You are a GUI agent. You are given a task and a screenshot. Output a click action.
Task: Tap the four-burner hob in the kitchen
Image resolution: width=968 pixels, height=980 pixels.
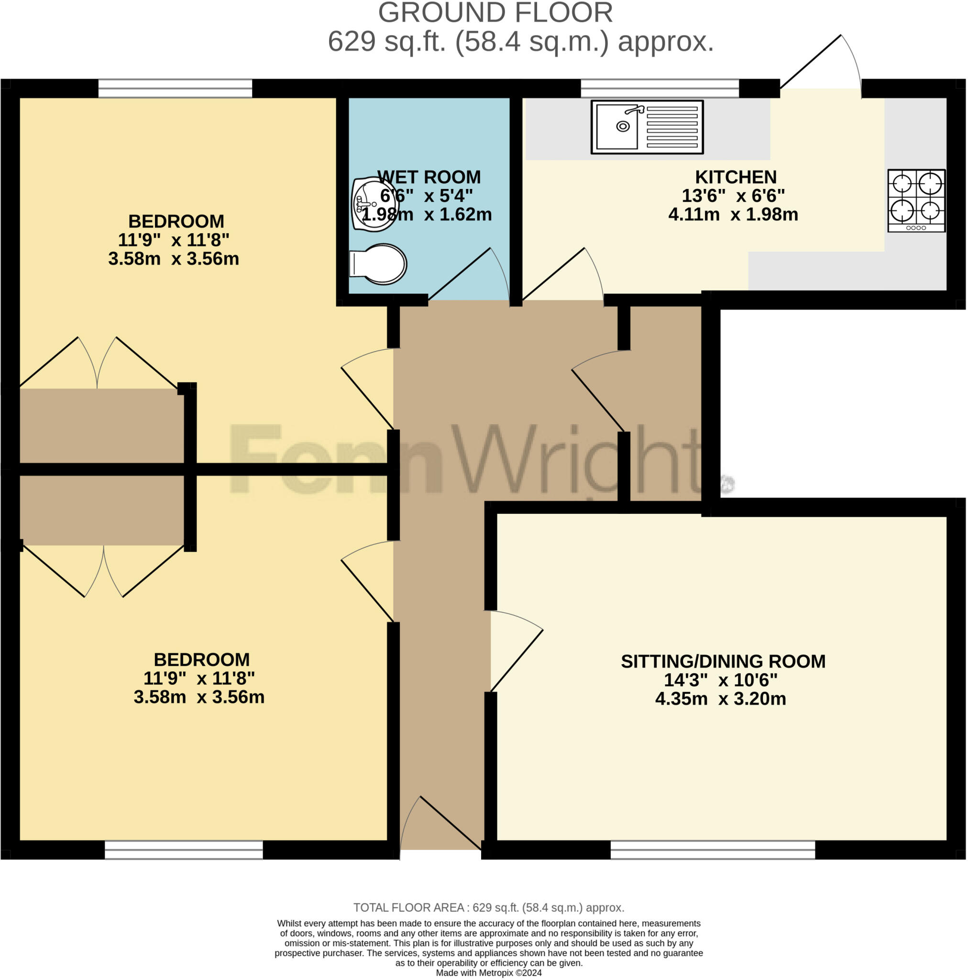[916, 200]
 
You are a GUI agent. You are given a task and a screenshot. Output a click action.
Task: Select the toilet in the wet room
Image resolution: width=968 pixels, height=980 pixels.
[379, 264]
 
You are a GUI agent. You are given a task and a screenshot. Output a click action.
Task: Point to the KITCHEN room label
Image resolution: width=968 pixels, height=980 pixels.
[735, 177]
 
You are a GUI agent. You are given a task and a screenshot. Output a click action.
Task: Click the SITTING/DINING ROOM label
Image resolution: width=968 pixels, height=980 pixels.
[723, 661]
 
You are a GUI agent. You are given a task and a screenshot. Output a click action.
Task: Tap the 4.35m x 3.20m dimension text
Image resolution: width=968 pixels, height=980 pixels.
[720, 699]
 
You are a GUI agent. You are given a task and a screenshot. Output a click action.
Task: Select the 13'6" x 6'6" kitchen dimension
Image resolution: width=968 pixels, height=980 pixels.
[733, 196]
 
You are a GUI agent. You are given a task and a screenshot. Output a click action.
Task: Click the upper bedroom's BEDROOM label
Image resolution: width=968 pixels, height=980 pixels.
[176, 222]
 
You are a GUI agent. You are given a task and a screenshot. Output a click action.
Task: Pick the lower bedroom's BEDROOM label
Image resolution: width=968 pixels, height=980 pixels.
[201, 660]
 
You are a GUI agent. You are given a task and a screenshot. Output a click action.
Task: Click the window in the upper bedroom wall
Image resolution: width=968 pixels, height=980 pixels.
[175, 88]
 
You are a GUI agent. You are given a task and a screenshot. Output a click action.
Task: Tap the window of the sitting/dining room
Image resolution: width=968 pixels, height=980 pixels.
[712, 850]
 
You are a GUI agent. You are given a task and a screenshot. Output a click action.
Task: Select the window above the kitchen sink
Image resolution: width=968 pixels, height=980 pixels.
[659, 88]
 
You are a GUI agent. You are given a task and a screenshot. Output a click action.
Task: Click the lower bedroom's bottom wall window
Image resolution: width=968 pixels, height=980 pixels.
[184, 850]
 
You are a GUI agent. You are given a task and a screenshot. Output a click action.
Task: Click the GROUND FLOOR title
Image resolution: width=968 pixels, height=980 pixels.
[495, 13]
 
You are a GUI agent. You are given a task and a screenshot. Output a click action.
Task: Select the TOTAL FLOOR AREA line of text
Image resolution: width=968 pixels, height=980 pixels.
[488, 907]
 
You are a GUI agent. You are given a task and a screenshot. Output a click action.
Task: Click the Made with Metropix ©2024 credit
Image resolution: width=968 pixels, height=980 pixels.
[488, 973]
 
